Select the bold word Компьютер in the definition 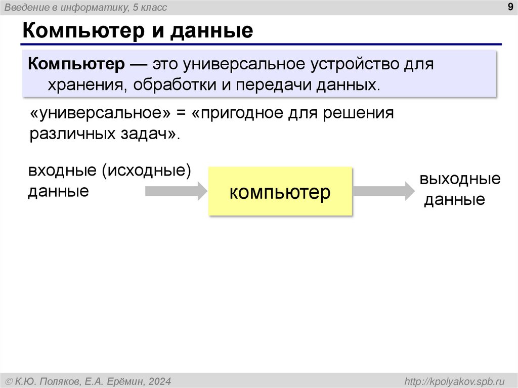pyautogui.click(x=76, y=65)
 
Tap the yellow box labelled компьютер pyautogui.click(x=280, y=192)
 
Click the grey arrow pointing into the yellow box pyautogui.click(x=176, y=191)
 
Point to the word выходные pyautogui.click(x=460, y=179)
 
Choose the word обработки pyautogui.click(x=175, y=85)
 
